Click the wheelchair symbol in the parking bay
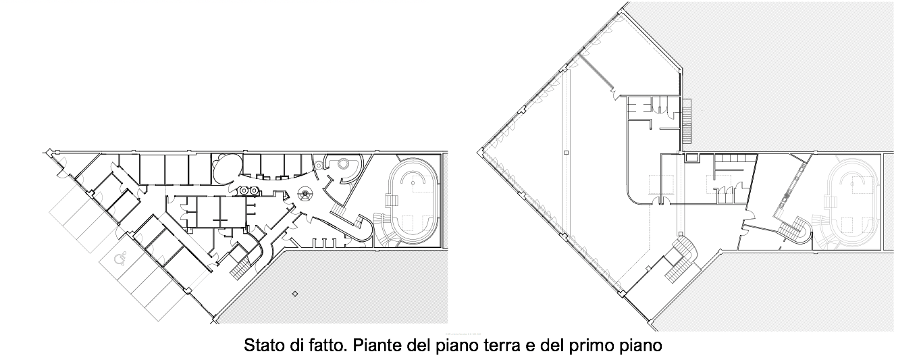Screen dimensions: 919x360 click(120, 259)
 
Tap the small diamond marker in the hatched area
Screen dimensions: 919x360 click(294, 294)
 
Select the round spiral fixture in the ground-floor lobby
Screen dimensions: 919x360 click(305, 194)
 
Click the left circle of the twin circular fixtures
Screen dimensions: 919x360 click(245, 190)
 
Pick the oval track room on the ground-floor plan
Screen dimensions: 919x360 click(413, 201)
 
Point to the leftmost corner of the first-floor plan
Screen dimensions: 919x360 click(478, 153)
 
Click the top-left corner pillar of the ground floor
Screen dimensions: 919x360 click(50, 152)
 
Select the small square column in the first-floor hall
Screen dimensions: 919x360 click(566, 153)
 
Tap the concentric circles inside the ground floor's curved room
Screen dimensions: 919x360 click(342, 165)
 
